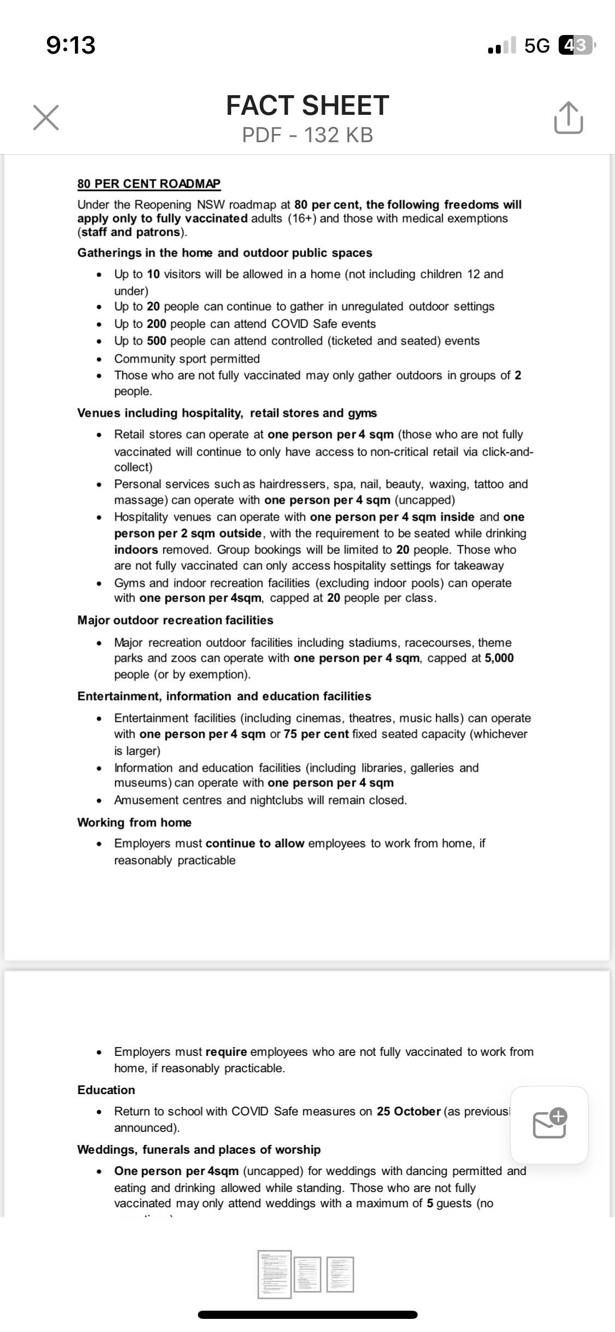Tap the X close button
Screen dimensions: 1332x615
(x=46, y=118)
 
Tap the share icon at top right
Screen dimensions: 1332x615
(x=568, y=118)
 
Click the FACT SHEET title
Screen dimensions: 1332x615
(x=307, y=106)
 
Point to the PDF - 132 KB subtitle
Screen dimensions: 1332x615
(x=307, y=135)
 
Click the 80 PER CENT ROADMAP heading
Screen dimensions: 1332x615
(x=149, y=184)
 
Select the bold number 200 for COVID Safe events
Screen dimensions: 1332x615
(x=156, y=324)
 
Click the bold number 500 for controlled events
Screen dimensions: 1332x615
(x=156, y=341)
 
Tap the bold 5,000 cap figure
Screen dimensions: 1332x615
(x=499, y=658)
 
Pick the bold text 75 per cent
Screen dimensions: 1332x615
(x=316, y=734)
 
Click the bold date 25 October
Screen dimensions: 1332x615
(x=408, y=1111)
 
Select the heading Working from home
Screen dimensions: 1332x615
(x=134, y=822)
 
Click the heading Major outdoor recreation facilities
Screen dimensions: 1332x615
(x=175, y=620)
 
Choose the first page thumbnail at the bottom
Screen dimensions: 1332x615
(x=274, y=1274)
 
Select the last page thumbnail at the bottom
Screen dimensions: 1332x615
(x=340, y=1274)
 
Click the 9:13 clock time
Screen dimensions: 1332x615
(x=71, y=45)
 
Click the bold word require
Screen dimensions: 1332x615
(x=226, y=1051)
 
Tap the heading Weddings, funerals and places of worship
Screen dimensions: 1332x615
(x=199, y=1149)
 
